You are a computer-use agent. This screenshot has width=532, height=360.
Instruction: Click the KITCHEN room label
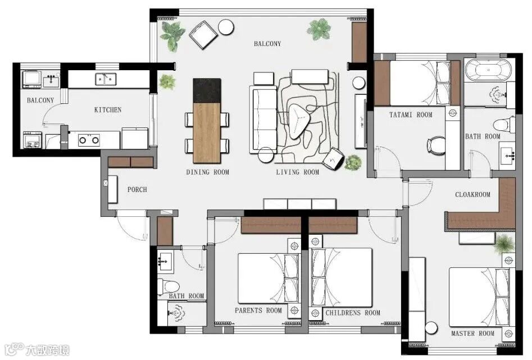pos(107,110)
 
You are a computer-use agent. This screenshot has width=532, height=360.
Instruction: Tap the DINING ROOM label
pos(208,172)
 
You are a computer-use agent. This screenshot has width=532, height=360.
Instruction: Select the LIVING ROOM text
pos(298,172)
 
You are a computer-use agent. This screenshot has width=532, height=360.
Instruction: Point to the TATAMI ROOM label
pos(411,115)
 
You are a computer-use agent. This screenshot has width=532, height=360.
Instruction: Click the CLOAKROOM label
pos(472,194)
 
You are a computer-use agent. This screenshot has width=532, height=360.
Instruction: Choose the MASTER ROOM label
pos(472,334)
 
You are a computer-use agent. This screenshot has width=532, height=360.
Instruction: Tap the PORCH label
pos(138,189)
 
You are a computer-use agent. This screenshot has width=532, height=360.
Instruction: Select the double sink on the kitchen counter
pos(106,79)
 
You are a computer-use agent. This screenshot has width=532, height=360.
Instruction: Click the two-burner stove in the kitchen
pos(89,140)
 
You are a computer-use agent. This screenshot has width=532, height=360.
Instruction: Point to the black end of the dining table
pos(207,90)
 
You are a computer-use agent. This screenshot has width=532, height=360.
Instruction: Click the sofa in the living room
pos(263,120)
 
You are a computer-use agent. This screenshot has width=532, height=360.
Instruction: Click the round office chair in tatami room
pos(436,145)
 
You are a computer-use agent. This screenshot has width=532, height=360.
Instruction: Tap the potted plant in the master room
pos(504,244)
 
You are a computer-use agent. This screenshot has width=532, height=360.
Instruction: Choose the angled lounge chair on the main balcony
pos(203,35)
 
